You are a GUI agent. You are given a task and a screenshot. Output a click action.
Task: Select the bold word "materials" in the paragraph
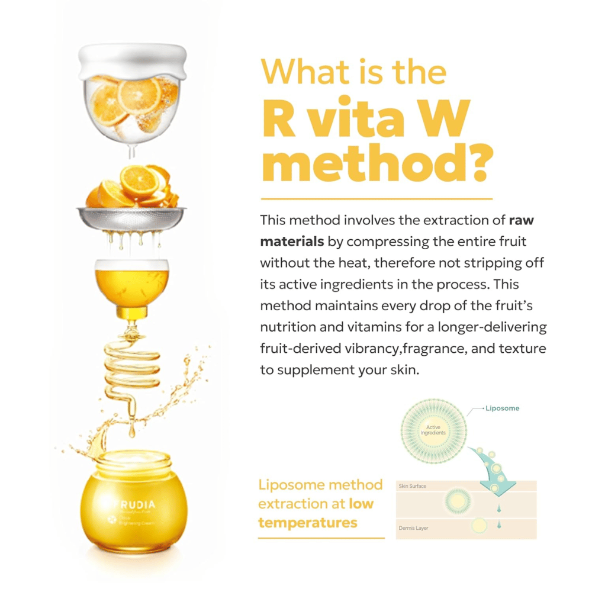(292, 242)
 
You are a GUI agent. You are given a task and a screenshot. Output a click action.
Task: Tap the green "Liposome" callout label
(503, 408)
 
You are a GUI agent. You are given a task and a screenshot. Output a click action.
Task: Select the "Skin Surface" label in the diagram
(412, 487)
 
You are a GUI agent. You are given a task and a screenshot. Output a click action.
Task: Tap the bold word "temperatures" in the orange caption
(308, 523)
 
